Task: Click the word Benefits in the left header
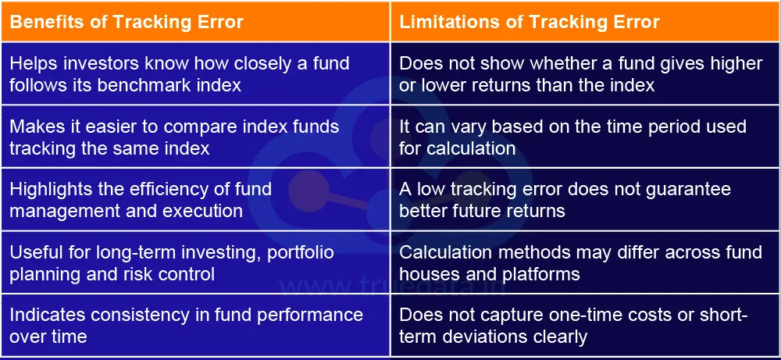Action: point(44,22)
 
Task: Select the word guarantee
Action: point(692,190)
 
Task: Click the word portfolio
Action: point(301,253)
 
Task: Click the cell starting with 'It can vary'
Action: point(584,137)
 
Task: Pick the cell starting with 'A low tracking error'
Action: point(584,200)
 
